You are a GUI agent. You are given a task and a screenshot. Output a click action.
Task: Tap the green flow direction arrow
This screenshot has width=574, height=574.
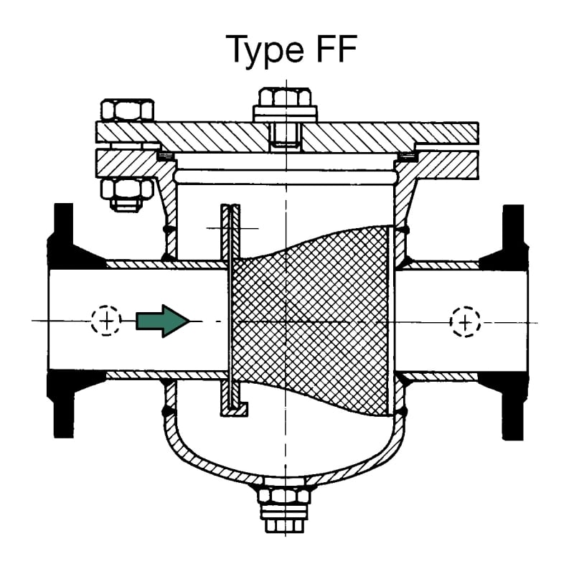click(x=163, y=321)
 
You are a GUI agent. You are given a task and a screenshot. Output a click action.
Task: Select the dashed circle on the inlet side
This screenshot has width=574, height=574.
click(x=105, y=321)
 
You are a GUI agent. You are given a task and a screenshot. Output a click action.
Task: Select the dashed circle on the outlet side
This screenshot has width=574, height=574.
click(x=465, y=322)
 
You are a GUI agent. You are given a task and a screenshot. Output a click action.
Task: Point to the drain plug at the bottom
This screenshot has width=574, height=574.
click(x=284, y=509)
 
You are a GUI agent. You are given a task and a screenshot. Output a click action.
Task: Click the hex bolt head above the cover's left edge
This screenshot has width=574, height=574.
click(x=128, y=110)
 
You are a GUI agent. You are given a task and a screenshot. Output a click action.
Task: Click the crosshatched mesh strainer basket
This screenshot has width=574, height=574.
click(x=311, y=321)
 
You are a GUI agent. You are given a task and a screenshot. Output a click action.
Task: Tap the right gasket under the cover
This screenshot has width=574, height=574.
click(x=407, y=156)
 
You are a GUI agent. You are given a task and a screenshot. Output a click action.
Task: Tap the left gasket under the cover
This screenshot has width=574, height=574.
click(x=166, y=156)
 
